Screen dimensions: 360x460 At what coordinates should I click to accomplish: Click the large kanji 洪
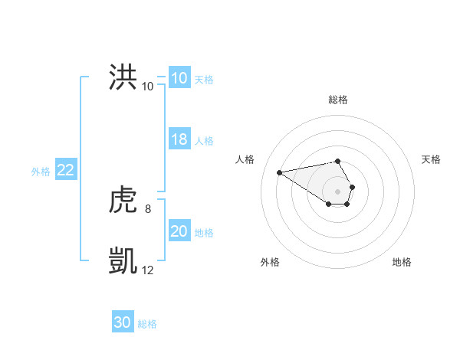click(123, 78)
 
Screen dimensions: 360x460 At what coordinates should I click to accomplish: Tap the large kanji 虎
click(123, 201)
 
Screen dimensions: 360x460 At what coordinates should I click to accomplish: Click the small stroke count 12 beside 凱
click(148, 270)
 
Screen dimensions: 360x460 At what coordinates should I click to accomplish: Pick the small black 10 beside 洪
click(148, 86)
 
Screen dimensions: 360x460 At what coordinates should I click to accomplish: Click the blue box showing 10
click(179, 78)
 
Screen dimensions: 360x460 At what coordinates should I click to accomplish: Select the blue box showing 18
click(179, 139)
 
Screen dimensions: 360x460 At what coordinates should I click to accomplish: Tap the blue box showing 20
click(179, 231)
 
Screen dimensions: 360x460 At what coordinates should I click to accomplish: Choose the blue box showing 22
click(65, 170)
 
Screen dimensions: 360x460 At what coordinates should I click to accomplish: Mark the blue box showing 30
click(123, 322)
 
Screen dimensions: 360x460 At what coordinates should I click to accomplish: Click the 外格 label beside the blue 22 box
click(41, 172)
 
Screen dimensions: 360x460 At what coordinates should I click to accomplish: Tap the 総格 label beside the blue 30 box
click(147, 324)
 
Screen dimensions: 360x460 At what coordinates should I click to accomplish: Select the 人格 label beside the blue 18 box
click(204, 141)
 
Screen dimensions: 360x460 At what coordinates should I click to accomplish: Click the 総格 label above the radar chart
click(338, 100)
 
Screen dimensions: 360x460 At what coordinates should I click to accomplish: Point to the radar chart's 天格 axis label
click(432, 159)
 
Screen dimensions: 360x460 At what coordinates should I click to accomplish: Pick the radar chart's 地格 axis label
click(402, 262)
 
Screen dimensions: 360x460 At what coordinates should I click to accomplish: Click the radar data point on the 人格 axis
click(280, 172)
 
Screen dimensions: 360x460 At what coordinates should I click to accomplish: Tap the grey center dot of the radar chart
click(338, 191)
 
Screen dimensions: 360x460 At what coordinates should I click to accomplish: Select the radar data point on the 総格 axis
click(338, 161)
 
